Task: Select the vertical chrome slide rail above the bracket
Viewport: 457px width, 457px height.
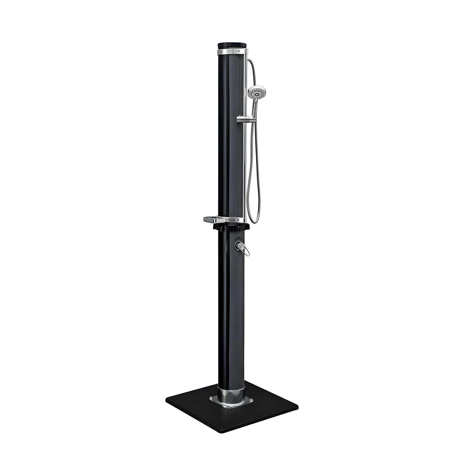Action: (x=245, y=86)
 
